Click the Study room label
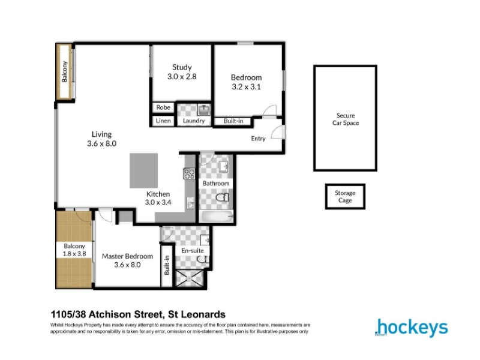coord(182,67)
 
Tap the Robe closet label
coord(163,107)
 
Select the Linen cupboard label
coord(163,121)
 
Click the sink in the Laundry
coord(204,109)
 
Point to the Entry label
coord(258,139)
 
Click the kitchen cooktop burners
coord(189,174)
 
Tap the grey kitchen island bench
coord(143,170)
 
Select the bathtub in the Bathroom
coord(216,217)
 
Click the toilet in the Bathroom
coord(223,197)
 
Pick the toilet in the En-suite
coord(203,260)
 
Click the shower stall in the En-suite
coord(189,278)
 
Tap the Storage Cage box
coord(345,197)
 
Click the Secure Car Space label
coord(346,119)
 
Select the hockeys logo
coord(411,328)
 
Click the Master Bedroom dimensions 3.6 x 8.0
coord(127,265)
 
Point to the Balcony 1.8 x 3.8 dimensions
coord(74,254)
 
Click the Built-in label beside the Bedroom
coord(233,121)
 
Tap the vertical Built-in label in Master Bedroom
coord(167,265)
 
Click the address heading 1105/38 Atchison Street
coord(138,314)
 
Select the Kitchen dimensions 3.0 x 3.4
coord(158,202)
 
